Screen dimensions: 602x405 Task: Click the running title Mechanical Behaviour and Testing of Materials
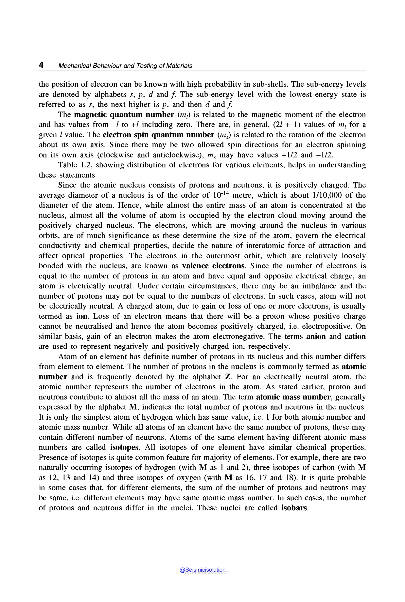[x=125, y=66]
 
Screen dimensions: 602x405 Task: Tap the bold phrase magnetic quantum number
[x=124, y=114]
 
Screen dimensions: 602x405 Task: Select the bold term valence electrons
[x=213, y=266]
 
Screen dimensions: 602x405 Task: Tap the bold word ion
[x=82, y=316]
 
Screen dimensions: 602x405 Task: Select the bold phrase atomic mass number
[x=293, y=397]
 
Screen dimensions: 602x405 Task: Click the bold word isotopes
[x=124, y=447]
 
